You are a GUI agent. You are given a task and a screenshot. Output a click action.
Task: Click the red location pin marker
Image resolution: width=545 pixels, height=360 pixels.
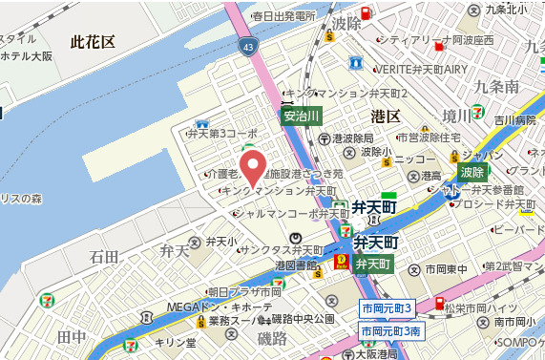pos(252,167)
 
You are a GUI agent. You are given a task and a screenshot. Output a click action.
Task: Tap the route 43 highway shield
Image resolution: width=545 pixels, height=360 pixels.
pos(247,46)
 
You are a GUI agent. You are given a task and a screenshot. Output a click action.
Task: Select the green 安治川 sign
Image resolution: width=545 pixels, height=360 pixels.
pos(301,116)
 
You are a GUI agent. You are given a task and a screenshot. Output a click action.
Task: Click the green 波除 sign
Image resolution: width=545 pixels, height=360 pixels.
pos(472,173)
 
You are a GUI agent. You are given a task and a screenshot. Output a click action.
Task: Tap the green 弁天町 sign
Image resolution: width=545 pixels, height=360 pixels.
pos(372,264)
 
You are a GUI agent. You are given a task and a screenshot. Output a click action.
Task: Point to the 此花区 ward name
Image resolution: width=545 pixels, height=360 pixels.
pos(93,42)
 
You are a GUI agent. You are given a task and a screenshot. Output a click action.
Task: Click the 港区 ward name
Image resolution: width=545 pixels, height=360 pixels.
pos(385,116)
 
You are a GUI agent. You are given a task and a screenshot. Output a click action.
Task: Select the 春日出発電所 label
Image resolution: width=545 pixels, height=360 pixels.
pos(283,16)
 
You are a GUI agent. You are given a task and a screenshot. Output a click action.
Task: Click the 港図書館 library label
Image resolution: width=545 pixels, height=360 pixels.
pos(295,265)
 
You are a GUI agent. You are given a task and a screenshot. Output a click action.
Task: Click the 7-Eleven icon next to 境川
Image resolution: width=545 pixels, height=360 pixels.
pos(477,111)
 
